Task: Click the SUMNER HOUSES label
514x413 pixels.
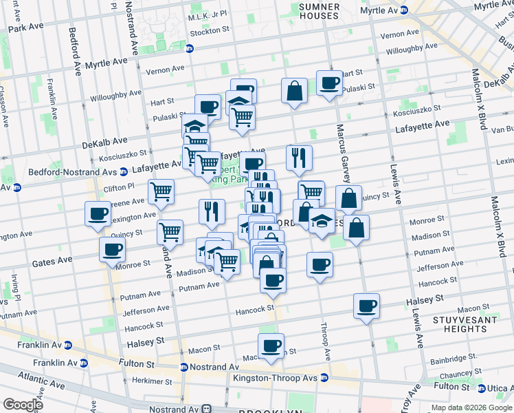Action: click(x=320, y=11)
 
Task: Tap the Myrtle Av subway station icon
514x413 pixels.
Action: click(x=404, y=10)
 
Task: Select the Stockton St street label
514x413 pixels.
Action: click(x=210, y=31)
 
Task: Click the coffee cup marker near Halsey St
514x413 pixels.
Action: click(x=367, y=304)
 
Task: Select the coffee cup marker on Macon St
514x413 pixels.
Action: click(x=271, y=345)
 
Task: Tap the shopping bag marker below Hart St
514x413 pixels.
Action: click(x=294, y=91)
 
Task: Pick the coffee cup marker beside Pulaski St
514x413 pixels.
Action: click(x=328, y=83)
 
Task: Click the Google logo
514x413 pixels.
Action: click(x=23, y=405)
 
